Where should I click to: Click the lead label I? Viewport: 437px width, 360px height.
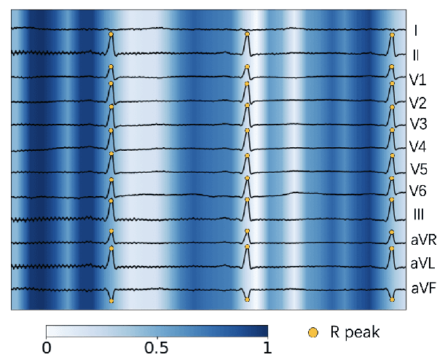pos(414,31)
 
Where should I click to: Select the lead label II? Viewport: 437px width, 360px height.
pos(415,54)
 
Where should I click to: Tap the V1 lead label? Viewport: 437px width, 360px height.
pos(417,78)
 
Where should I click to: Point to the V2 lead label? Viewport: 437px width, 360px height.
pos(417,101)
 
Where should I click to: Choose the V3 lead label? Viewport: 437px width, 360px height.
pos(417,123)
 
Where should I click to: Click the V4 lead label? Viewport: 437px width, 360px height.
pos(417,146)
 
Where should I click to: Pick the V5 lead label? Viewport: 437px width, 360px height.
pos(417,170)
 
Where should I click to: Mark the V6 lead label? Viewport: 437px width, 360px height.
pos(417,192)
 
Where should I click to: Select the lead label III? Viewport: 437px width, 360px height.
pos(416,214)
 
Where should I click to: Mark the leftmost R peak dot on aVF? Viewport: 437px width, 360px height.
pos(111,300)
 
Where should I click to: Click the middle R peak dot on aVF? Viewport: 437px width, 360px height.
pos(248,299)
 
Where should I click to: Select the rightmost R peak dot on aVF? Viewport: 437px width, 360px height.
pos(393,299)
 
